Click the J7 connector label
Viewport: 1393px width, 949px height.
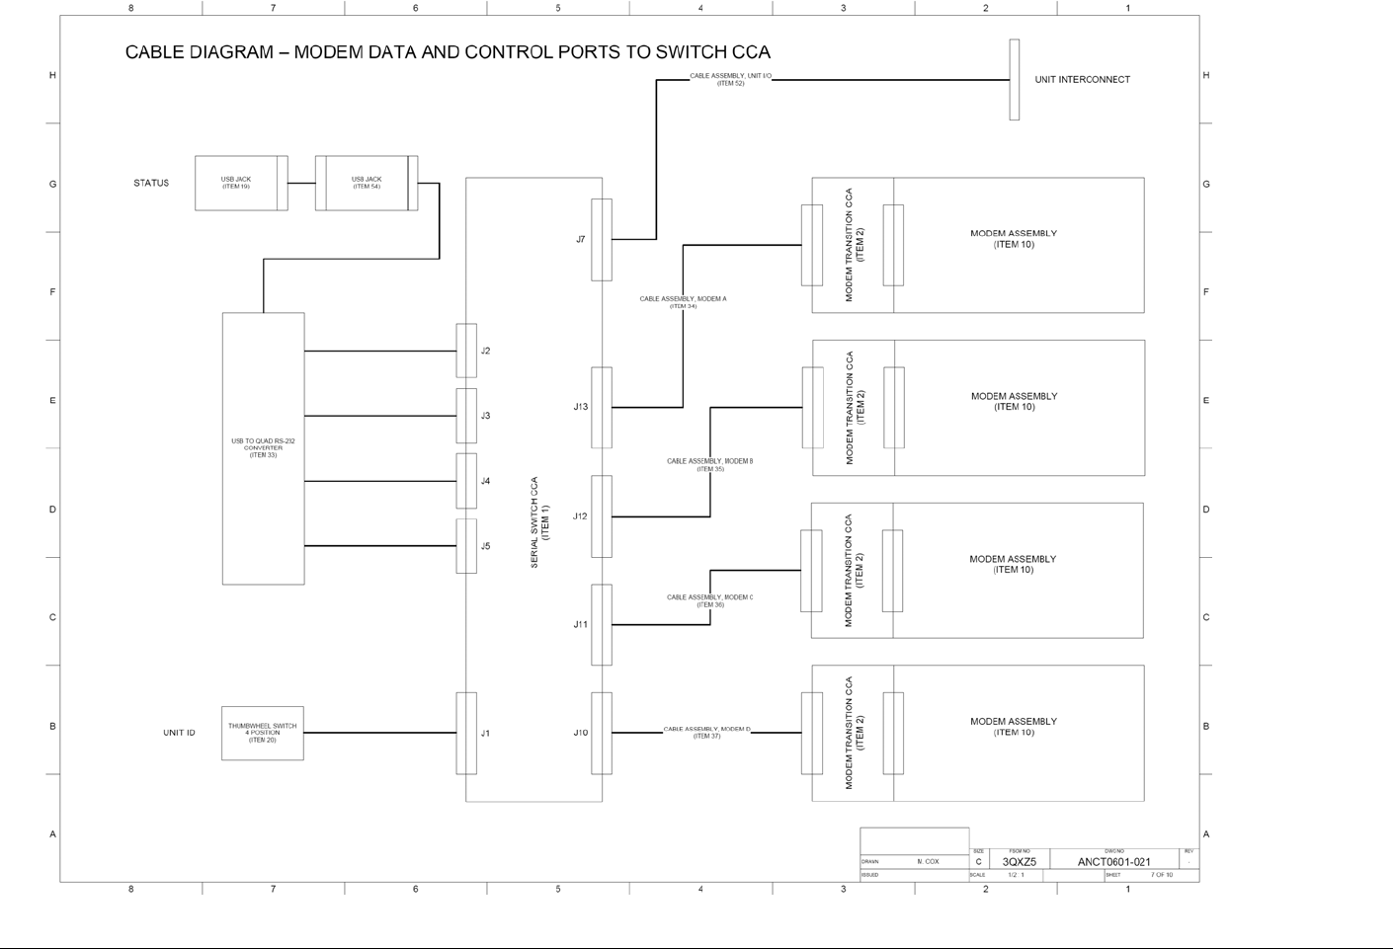point(581,240)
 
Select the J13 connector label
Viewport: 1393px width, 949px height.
point(581,407)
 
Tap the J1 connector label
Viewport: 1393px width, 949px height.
point(485,734)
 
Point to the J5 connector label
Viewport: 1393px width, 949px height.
point(485,546)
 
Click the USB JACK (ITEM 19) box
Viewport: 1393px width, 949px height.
point(236,183)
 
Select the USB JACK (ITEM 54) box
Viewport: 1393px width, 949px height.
point(367,183)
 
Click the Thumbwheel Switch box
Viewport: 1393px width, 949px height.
point(262,733)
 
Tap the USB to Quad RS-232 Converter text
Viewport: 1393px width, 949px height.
point(263,447)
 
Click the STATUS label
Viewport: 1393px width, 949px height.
point(151,183)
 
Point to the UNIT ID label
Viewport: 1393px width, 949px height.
point(179,733)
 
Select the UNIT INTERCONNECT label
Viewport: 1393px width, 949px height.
point(1082,80)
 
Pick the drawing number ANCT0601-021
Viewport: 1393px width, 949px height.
point(1113,862)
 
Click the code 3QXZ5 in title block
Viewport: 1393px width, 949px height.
point(1020,862)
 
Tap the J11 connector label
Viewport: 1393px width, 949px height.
point(581,624)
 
